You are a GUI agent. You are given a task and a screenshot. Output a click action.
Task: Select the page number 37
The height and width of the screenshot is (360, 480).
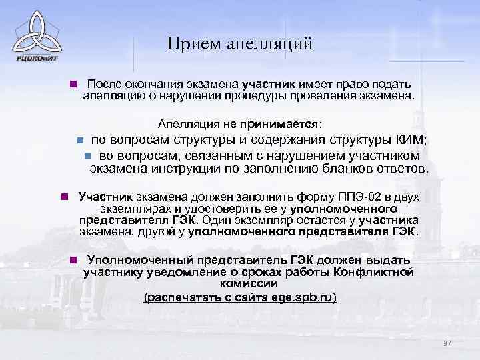[447, 343]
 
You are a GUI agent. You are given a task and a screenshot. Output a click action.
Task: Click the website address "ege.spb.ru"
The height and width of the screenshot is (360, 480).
[301, 297]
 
